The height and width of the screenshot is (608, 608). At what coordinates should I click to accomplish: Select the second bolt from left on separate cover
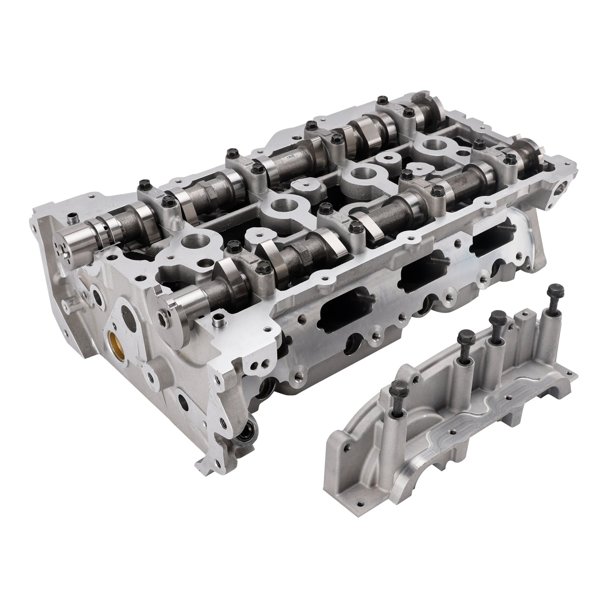[x=464, y=337]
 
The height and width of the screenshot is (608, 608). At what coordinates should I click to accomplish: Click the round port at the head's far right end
[x=563, y=186]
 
